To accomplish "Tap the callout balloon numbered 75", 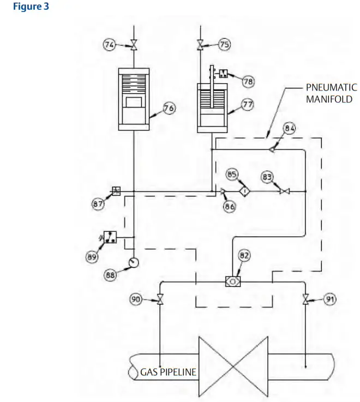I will click(224, 45).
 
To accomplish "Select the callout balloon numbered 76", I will click(169, 109).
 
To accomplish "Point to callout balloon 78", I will click(249, 81).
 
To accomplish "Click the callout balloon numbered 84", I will click(290, 129).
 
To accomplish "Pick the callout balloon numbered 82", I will click(244, 255).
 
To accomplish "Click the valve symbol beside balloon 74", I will click(133, 46).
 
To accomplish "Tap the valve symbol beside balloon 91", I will click(305, 299).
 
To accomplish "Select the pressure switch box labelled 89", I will click(111, 237).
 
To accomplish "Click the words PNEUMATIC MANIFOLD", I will click(332, 93).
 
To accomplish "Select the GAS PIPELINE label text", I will click(169, 373).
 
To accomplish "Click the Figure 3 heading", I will click(31, 8).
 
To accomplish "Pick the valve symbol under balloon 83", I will click(284, 191).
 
